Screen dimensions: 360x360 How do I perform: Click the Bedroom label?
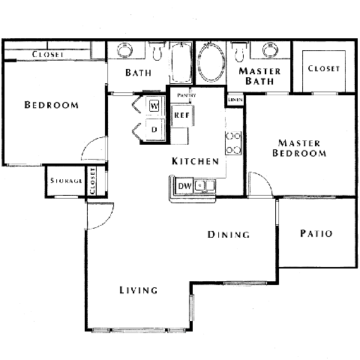click(51, 105)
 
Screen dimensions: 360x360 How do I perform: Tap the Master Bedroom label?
click(300, 148)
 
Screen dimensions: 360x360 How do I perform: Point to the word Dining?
click(229, 235)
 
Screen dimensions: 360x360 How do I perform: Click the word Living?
click(139, 290)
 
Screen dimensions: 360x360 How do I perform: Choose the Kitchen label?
click(195, 162)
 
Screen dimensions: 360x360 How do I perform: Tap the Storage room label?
click(66, 181)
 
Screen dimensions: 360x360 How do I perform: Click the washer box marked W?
click(154, 106)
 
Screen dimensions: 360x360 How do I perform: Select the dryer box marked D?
click(154, 129)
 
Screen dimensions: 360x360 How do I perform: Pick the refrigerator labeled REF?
click(181, 115)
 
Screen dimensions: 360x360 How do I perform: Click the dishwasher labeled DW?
click(184, 186)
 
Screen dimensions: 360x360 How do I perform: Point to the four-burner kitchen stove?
click(233, 143)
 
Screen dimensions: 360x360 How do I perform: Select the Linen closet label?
click(235, 100)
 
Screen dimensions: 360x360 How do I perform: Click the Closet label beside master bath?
click(324, 69)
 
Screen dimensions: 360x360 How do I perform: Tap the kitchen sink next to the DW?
click(205, 185)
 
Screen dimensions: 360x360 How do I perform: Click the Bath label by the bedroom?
click(139, 73)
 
